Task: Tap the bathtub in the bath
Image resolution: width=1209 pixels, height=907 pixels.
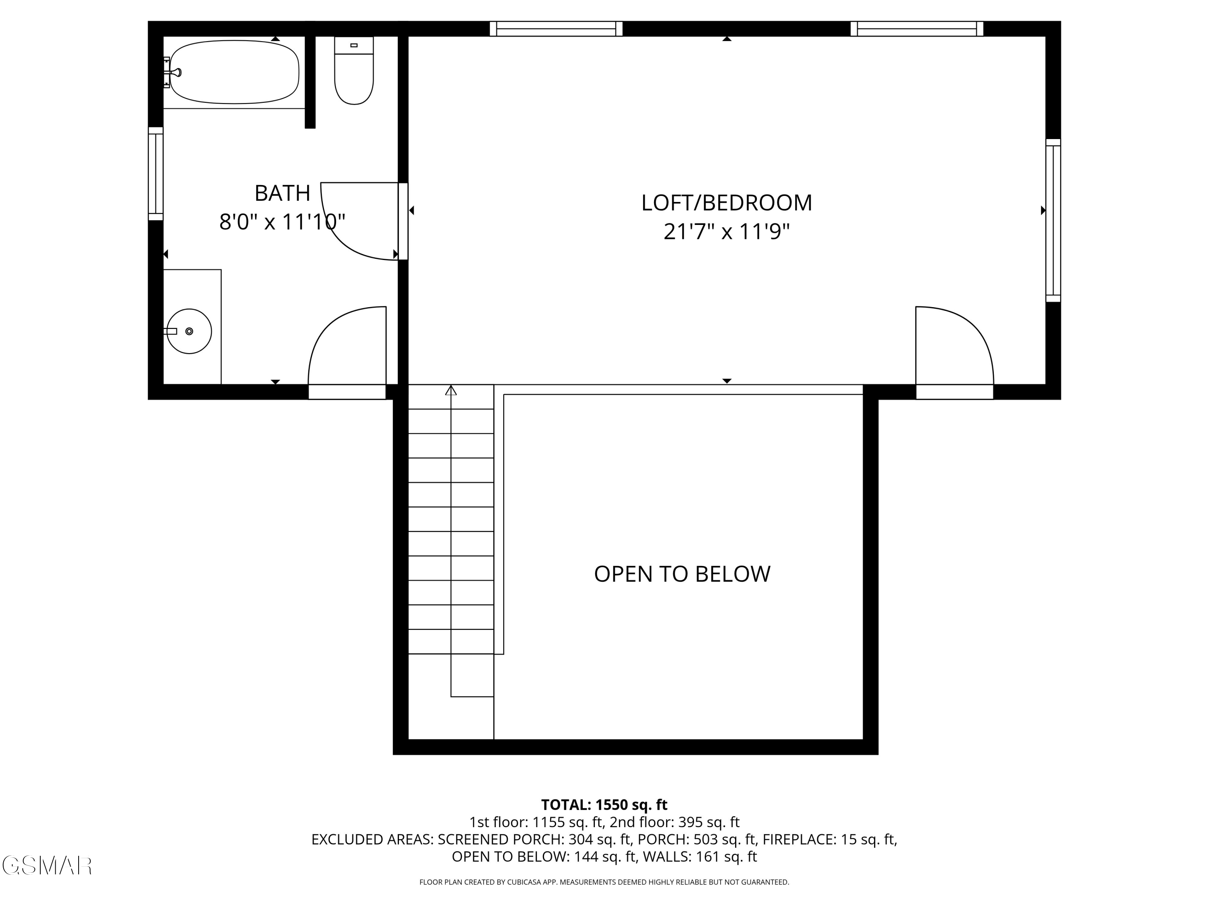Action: coord(235,72)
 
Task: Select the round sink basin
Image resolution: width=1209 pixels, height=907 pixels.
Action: coord(189,331)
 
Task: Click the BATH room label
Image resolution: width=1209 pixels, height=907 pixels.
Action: coord(282,193)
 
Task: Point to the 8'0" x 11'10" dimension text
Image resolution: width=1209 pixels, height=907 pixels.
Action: coord(282,222)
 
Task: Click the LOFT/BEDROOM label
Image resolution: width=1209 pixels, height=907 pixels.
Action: coord(726,203)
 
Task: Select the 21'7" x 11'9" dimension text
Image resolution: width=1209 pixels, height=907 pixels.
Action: coord(726,232)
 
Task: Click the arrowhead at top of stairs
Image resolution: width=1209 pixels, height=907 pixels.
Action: coord(451,390)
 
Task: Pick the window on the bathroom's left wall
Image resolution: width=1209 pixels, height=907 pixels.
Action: coord(156,173)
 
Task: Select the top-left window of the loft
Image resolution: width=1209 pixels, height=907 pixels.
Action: coord(556,29)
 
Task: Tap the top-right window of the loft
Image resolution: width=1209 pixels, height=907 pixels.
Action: coord(916,29)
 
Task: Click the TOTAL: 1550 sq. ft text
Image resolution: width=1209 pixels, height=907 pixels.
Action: coord(604,805)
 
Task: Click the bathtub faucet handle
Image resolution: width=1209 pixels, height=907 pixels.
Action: coord(176,72)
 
